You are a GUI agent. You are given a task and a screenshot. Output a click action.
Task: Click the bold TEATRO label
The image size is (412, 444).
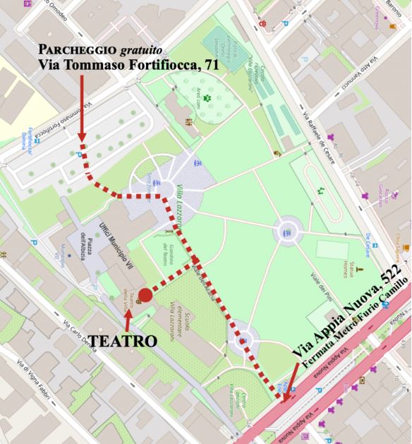[x=122, y=341]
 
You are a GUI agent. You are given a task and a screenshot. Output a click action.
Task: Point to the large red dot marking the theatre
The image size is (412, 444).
[x=145, y=295]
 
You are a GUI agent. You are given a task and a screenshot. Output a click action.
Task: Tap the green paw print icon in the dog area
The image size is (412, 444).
[x=207, y=88]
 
